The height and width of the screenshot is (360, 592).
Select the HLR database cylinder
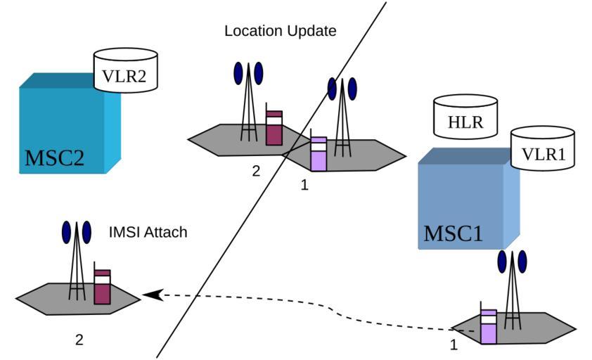465,116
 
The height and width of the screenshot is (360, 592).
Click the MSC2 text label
55,157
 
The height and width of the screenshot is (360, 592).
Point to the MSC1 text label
453,233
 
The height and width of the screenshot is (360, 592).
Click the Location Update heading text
280,31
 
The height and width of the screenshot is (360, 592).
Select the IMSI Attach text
148,231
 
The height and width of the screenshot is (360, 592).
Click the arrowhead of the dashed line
149,295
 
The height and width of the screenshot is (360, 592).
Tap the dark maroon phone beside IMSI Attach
103,286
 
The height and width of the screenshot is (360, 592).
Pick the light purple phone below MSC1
488,327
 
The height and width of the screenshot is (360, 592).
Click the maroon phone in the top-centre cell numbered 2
274,127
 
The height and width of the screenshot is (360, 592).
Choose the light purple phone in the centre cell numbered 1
318,154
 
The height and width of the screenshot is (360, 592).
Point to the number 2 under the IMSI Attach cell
79,340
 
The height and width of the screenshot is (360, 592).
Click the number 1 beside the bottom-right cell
453,345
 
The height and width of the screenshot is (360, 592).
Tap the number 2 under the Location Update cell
256,170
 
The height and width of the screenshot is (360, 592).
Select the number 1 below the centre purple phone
304,186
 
